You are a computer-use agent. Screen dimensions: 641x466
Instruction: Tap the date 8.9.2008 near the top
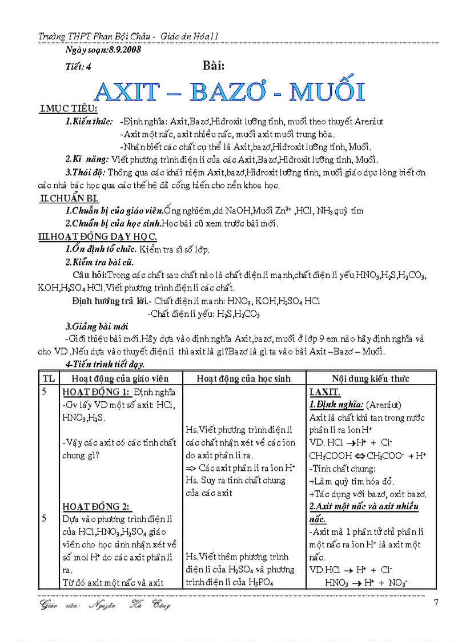[121, 50]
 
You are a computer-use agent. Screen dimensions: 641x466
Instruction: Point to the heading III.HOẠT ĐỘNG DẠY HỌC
[97, 236]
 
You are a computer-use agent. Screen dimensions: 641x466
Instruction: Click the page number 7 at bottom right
[436, 603]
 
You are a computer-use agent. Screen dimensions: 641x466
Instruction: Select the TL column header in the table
[49, 378]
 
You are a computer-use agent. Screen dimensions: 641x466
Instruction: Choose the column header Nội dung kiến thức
[371, 378]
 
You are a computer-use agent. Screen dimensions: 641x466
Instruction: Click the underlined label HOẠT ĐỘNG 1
[97, 392]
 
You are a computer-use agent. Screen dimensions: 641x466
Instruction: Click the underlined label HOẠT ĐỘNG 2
[96, 506]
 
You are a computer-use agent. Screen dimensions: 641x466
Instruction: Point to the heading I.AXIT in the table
[325, 392]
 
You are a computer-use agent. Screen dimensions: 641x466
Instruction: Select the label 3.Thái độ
[85, 172]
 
